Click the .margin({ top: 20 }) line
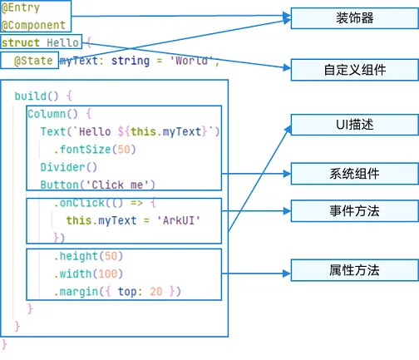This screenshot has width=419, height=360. (116, 291)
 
